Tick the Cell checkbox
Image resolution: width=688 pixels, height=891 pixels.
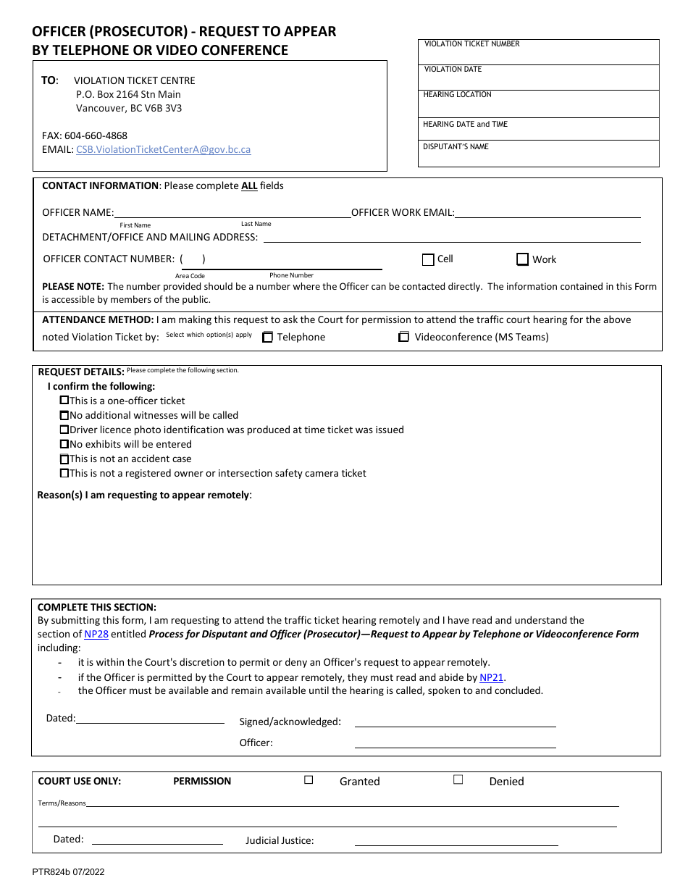click(428, 259)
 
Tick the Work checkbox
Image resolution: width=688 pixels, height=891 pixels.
click(522, 259)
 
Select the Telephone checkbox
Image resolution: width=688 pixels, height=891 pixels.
click(267, 337)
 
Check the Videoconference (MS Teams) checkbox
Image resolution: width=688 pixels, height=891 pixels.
click(404, 337)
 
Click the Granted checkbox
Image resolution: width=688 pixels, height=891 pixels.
click(309, 780)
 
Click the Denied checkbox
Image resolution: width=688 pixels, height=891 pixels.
click(458, 780)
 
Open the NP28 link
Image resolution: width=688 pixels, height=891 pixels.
click(96, 634)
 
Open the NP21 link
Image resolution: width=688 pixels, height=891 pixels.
click(491, 678)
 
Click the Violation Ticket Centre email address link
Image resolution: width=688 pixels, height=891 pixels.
click(163, 149)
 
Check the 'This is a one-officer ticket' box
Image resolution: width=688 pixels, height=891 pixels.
click(64, 400)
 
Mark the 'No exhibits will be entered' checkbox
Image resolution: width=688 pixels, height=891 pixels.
click(64, 444)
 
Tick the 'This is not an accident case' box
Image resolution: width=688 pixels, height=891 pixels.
click(64, 459)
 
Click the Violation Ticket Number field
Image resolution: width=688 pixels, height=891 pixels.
click(539, 55)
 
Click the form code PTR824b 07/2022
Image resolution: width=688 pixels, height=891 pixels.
click(68, 872)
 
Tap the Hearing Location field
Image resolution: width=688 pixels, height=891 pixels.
click(539, 106)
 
